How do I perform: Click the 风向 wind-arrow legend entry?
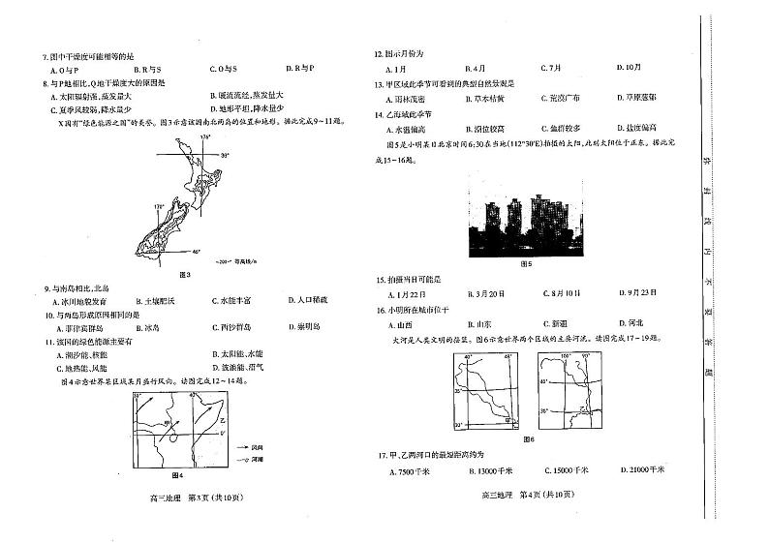256,448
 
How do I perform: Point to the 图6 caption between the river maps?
528,439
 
